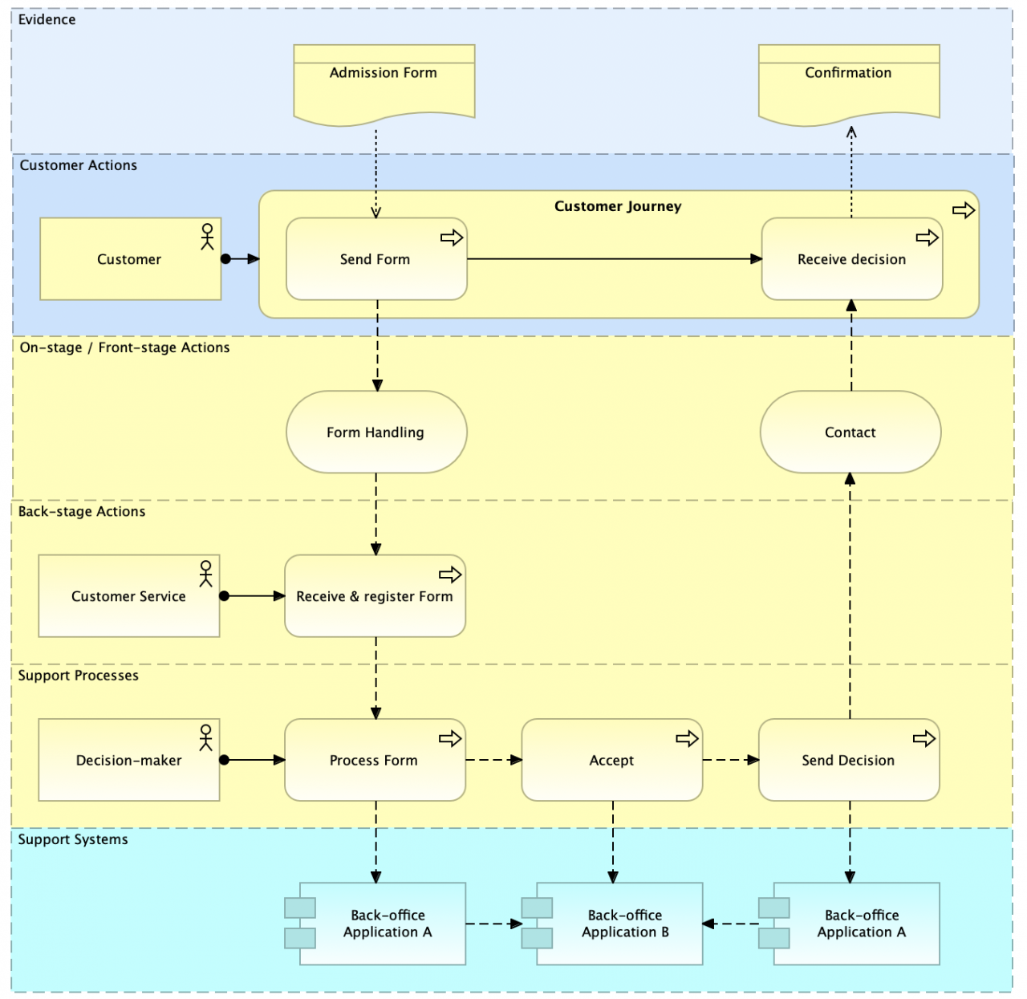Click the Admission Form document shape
[384, 84]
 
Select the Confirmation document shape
[849, 84]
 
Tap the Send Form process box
[376, 258]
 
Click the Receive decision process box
[852, 258]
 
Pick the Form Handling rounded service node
[376, 432]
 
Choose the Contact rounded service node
[850, 432]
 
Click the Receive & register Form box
[375, 596]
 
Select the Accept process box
[611, 760]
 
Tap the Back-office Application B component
[611, 924]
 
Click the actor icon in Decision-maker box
[206, 737]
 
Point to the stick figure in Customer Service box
[206, 574]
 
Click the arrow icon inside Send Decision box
[924, 738]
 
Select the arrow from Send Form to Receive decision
[615, 258]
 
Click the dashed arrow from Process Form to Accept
[494, 760]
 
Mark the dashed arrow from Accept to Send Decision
[731, 760]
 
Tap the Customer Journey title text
[618, 205]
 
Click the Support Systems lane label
[73, 839]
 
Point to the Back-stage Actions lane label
[82, 511]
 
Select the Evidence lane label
[47, 19]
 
